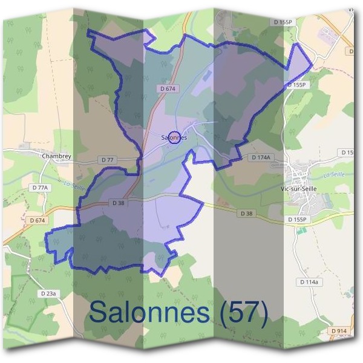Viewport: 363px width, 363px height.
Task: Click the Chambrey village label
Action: [56, 155]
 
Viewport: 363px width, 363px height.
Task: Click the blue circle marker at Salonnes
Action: [174, 138]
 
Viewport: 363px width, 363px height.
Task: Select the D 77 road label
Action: [108, 160]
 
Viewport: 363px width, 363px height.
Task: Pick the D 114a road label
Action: [310, 282]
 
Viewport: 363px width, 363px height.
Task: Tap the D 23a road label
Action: [48, 293]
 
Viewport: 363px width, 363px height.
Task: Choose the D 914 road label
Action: [339, 331]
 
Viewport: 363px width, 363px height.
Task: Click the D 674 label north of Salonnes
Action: [168, 88]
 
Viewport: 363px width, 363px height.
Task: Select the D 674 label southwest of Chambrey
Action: [38, 221]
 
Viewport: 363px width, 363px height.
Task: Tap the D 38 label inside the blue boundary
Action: [118, 203]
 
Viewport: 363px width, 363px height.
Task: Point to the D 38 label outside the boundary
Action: [246, 214]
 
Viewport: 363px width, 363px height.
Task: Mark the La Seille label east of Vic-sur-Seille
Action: [334, 175]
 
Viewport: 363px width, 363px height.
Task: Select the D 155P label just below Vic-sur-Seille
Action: [298, 219]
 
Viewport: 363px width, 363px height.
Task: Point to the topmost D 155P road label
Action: [283, 22]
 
